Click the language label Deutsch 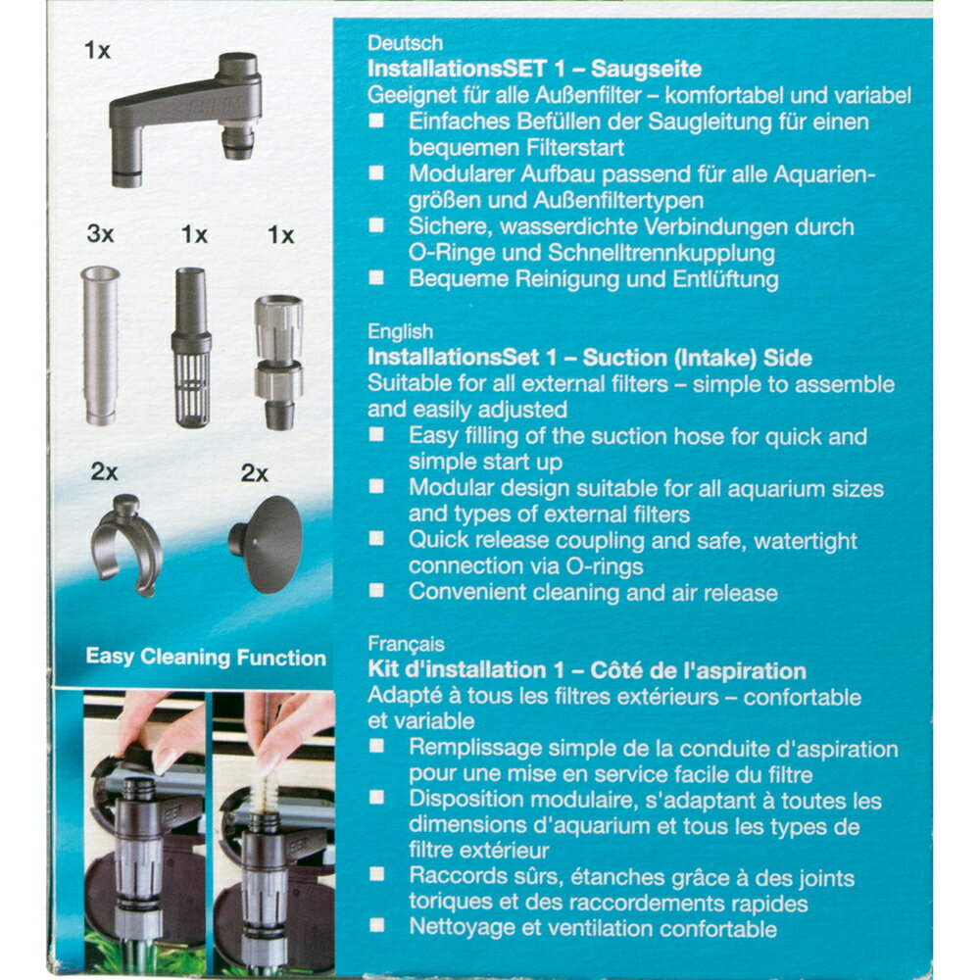(405, 44)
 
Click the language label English (400, 332)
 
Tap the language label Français (407, 645)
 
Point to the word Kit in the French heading (384, 671)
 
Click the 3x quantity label (100, 236)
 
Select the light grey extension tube (100, 344)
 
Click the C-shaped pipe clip (126, 544)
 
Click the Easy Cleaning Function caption (206, 658)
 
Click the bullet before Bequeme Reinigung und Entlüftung (377, 278)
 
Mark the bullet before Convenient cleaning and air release (377, 591)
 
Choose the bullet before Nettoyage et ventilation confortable (377, 928)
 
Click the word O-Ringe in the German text (450, 254)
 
